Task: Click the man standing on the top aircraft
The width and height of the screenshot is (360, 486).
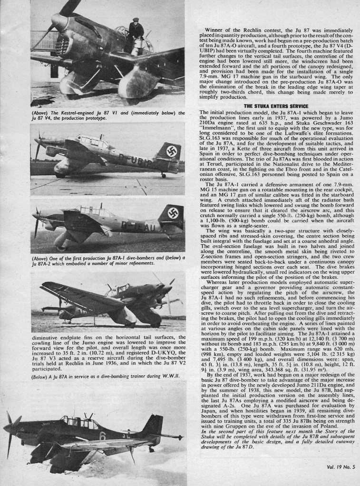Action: pyautogui.click(x=136, y=33)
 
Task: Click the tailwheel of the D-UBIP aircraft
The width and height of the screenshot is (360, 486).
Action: pyautogui.click(x=164, y=176)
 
